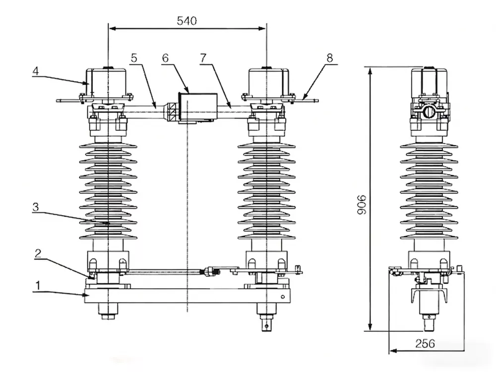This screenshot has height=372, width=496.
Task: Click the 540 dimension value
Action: point(186,21)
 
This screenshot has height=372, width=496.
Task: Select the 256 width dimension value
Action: point(425,343)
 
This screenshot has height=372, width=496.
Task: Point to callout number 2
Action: point(38,253)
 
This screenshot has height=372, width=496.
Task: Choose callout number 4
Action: point(35,71)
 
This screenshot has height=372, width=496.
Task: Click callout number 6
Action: point(165,58)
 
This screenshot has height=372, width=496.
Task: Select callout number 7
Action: point(202,58)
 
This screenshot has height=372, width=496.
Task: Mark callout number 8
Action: point(329,58)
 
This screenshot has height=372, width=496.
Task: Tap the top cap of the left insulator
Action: point(107,79)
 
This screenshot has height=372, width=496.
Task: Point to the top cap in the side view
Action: point(429,79)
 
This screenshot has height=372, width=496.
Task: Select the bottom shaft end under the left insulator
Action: point(108,311)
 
